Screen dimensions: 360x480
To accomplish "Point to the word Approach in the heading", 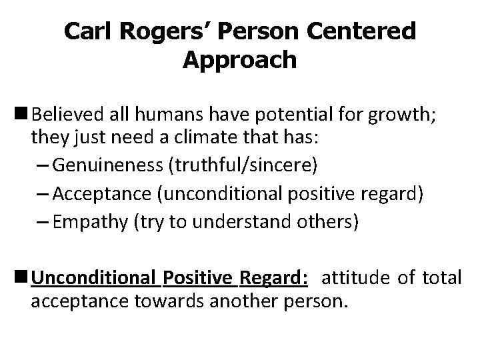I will (239, 60).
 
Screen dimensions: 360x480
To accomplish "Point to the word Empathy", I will (93, 221).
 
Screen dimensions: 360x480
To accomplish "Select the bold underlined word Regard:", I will (275, 276).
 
